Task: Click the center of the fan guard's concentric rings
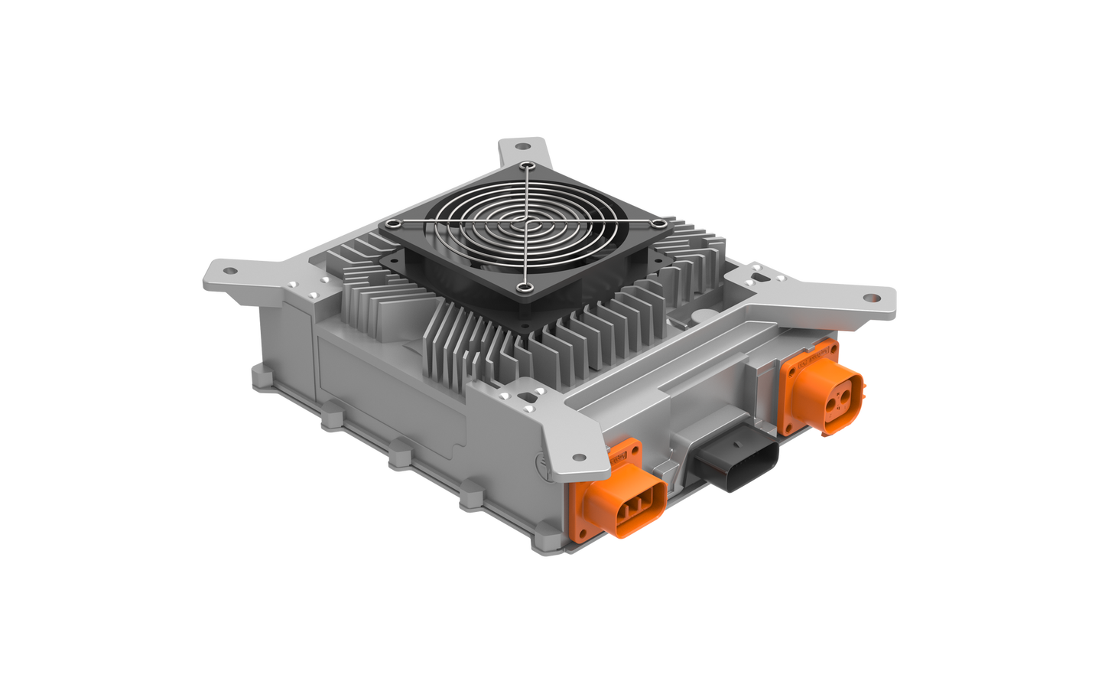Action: [x=527, y=225]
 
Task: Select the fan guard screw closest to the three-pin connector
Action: [x=525, y=287]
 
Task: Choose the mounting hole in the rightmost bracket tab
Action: [x=872, y=298]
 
